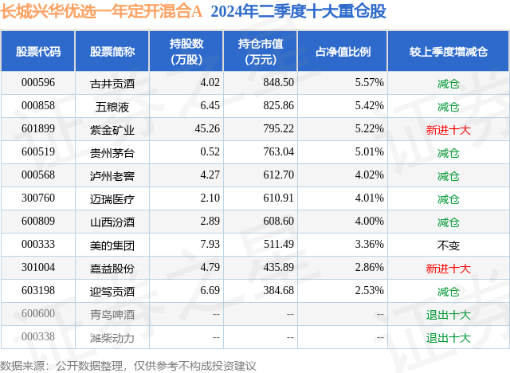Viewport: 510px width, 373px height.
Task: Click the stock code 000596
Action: pyautogui.click(x=38, y=83)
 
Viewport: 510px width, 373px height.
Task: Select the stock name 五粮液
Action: pyautogui.click(x=112, y=106)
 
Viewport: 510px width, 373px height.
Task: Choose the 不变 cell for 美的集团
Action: pyautogui.click(x=448, y=245)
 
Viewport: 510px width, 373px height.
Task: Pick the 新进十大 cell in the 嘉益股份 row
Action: pyautogui.click(x=448, y=268)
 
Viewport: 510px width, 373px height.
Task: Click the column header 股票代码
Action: pyautogui.click(x=38, y=52)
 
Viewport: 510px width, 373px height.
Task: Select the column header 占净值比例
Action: pyautogui.click(x=348, y=52)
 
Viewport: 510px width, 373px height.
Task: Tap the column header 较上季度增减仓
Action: pyautogui.click(x=448, y=52)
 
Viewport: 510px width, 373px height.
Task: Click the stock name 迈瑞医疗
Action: pyautogui.click(x=112, y=198)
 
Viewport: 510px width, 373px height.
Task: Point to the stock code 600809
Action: pyautogui.click(x=38, y=222)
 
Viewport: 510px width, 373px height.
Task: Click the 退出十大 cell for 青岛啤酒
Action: pyautogui.click(x=448, y=314)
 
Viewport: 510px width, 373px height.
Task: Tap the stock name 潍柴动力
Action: pyautogui.click(x=112, y=337)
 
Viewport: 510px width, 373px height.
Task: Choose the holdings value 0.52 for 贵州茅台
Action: pyautogui.click(x=210, y=152)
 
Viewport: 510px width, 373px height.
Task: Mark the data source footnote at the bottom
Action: pyautogui.click(x=128, y=363)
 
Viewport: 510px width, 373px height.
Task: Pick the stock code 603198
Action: pyautogui.click(x=38, y=291)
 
